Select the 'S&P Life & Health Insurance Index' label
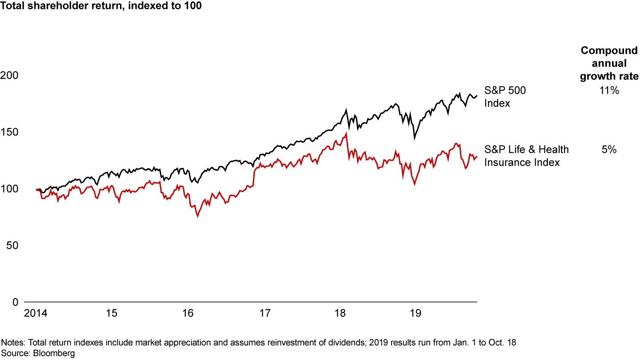point(526,156)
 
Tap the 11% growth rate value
point(609,91)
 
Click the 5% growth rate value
point(609,150)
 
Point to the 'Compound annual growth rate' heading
point(609,63)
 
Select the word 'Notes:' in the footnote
point(13,343)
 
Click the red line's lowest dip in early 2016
point(197,216)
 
